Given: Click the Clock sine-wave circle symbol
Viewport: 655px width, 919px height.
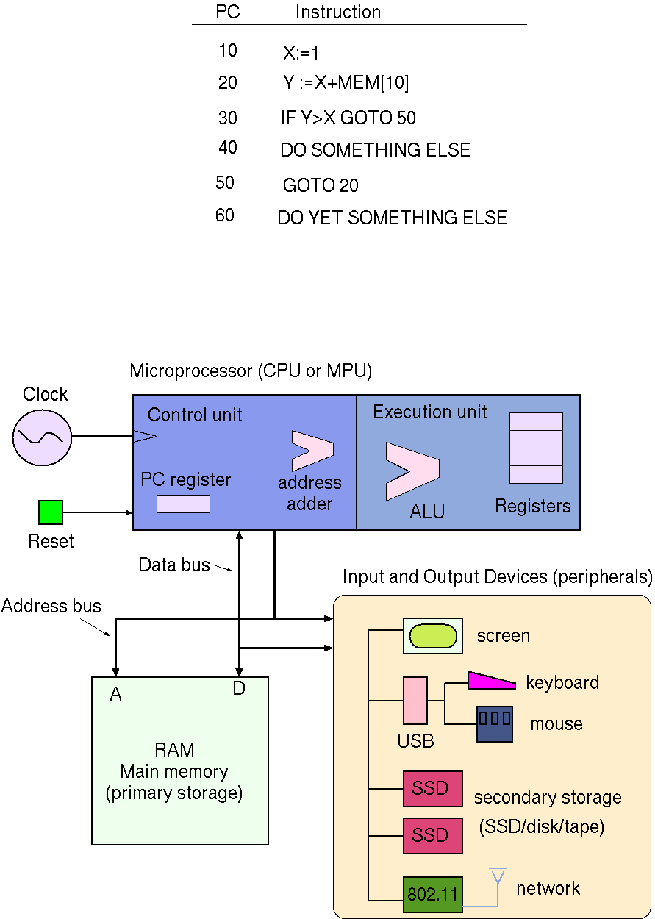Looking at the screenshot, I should (43, 437).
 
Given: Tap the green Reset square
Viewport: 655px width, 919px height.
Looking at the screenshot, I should (51, 512).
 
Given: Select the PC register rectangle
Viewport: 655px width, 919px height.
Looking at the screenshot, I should (183, 504).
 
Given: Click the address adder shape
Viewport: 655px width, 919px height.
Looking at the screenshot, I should (312, 451).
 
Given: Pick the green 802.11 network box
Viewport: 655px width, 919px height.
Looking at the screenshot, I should (433, 895).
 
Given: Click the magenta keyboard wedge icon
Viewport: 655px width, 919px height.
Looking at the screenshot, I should (490, 681).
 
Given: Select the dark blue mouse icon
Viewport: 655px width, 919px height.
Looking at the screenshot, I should (495, 724).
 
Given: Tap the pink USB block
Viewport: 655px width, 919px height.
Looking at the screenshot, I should (415, 701).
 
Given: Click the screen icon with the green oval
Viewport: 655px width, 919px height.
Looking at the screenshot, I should (433, 636).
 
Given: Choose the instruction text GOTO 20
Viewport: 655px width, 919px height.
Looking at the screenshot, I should (321, 185).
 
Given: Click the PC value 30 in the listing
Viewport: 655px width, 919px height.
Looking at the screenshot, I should (228, 118).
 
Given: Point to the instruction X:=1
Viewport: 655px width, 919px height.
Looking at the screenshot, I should (301, 54).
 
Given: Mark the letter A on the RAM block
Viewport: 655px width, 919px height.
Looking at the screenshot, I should (115, 694).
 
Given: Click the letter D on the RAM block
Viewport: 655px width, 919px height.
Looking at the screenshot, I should (239, 689).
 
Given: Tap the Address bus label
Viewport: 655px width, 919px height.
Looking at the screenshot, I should (51, 607).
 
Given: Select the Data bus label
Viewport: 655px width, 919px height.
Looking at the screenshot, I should (174, 565).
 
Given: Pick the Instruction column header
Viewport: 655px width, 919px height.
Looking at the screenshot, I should (338, 12).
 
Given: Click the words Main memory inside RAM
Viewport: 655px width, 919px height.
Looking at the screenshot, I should (174, 772).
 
